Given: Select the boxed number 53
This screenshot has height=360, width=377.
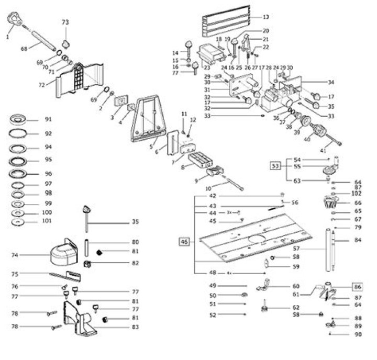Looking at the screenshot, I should [x=275, y=167].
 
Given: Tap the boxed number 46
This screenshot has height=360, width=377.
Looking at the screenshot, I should [x=184, y=242].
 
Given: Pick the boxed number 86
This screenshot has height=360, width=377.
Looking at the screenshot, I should [x=358, y=287].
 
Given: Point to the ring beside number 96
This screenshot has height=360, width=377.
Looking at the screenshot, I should [x=18, y=174].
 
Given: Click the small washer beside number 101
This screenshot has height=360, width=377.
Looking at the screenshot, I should [x=18, y=222].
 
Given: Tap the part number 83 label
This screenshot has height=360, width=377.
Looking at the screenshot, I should [x=136, y=328].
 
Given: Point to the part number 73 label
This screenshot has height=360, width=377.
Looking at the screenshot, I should [x=65, y=22].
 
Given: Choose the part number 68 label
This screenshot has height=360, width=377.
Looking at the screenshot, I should [x=24, y=49].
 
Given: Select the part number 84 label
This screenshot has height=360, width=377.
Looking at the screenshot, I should [x=358, y=240].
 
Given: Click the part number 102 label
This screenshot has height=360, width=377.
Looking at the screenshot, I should [x=358, y=194].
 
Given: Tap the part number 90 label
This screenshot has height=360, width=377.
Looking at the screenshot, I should [x=358, y=334].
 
